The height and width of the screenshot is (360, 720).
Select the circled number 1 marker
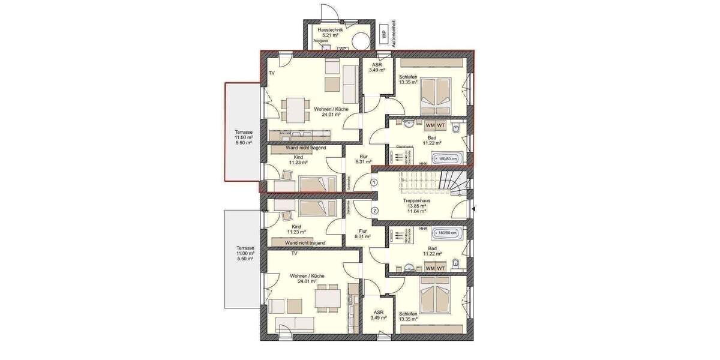(x=374, y=182)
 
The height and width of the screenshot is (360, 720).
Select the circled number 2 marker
(x=374, y=210)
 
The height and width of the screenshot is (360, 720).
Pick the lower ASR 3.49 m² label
(x=378, y=316)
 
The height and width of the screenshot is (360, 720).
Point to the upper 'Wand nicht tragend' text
(x=305, y=147)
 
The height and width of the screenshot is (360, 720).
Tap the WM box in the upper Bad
(x=430, y=125)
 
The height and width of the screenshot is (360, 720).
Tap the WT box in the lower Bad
(x=441, y=268)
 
